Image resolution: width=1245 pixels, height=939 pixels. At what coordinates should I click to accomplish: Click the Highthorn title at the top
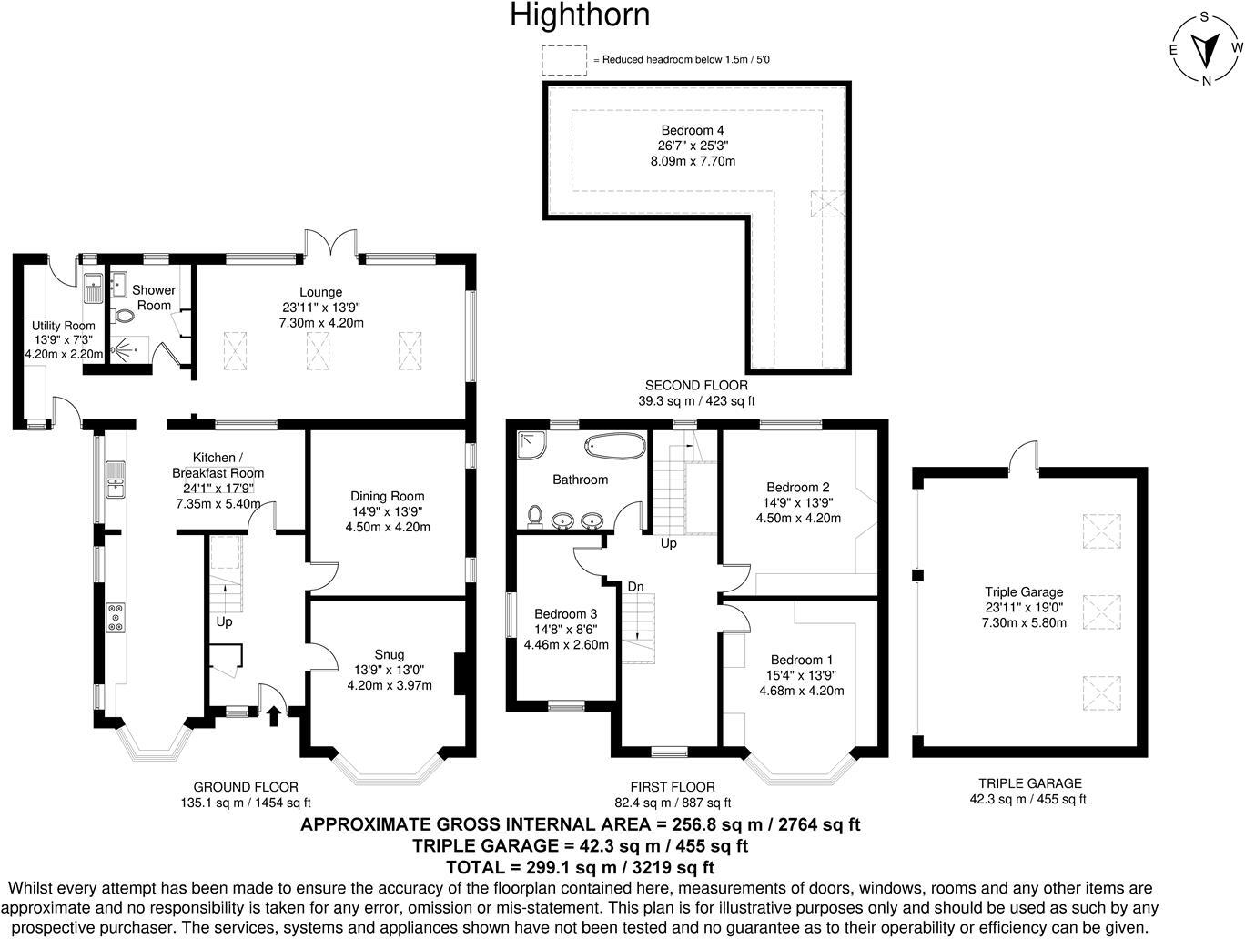point(580,15)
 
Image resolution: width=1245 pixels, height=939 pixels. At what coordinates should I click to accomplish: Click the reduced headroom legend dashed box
point(564,60)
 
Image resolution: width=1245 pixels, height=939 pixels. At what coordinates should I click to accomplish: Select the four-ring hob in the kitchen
point(117,618)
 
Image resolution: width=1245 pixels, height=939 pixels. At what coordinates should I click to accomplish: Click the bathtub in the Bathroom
point(613,446)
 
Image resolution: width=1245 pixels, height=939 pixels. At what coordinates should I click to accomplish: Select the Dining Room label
point(388,496)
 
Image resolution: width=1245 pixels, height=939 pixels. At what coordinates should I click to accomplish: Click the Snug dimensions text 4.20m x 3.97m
point(389,685)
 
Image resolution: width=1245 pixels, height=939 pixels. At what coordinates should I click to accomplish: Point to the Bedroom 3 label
point(565,613)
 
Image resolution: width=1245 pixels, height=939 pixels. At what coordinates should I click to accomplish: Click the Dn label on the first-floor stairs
point(635,587)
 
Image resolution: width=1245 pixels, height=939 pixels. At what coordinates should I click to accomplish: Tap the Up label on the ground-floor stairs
point(224,621)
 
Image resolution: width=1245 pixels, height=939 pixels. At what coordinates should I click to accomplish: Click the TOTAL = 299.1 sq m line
point(580,866)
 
